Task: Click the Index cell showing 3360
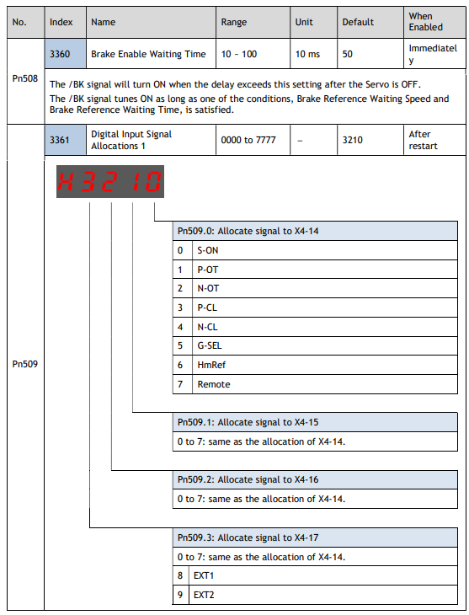click(65, 54)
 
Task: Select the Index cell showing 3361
click(65, 140)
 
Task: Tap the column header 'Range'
click(234, 22)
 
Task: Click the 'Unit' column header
click(304, 22)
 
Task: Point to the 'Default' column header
click(358, 22)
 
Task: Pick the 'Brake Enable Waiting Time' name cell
click(148, 54)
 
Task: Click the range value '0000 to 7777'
click(248, 140)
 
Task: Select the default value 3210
click(353, 140)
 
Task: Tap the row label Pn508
click(25, 78)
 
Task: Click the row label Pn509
click(25, 364)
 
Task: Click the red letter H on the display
click(66, 181)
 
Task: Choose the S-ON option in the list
click(208, 250)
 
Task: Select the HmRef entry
click(211, 365)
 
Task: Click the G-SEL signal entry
click(210, 345)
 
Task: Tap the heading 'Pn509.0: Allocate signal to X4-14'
click(248, 231)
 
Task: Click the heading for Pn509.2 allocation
click(248, 479)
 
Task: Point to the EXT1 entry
click(204, 575)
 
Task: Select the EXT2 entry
click(204, 595)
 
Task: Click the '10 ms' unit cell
click(307, 54)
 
